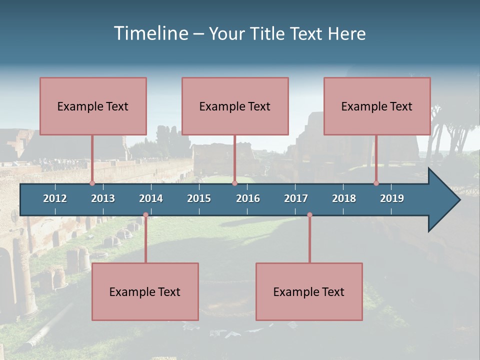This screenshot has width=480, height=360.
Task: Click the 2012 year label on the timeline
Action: pyautogui.click(x=55, y=198)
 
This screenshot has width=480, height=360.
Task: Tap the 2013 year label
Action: pyautogui.click(x=103, y=198)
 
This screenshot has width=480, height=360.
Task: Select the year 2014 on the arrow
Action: pyautogui.click(x=151, y=198)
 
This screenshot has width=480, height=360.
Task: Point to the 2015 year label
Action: pyautogui.click(x=199, y=198)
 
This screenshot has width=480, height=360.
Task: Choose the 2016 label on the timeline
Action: pyautogui.click(x=248, y=198)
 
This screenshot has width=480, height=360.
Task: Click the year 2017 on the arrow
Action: pyautogui.click(x=296, y=198)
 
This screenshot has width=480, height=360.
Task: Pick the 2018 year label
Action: pyautogui.click(x=344, y=198)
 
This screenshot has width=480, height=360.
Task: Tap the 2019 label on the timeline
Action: pyautogui.click(x=392, y=198)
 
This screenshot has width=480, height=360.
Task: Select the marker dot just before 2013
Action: pyautogui.click(x=92, y=183)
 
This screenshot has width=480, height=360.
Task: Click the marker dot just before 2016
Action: pyautogui.click(x=234, y=183)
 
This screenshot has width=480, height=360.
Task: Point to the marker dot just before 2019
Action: pyautogui.click(x=376, y=183)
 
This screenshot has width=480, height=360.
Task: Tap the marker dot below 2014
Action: pyautogui.click(x=145, y=215)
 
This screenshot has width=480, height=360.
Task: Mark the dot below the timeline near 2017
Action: pyautogui.click(x=309, y=215)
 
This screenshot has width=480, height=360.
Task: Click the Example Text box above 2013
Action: pyautogui.click(x=93, y=106)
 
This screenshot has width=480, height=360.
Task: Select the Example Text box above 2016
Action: pyautogui.click(x=235, y=106)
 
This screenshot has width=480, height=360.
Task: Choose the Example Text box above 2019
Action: pyautogui.click(x=377, y=106)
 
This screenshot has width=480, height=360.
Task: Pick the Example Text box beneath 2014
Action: pyautogui.click(x=145, y=291)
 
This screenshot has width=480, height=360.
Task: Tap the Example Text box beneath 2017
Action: pyautogui.click(x=309, y=291)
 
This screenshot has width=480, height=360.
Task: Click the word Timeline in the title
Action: pyautogui.click(x=151, y=33)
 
